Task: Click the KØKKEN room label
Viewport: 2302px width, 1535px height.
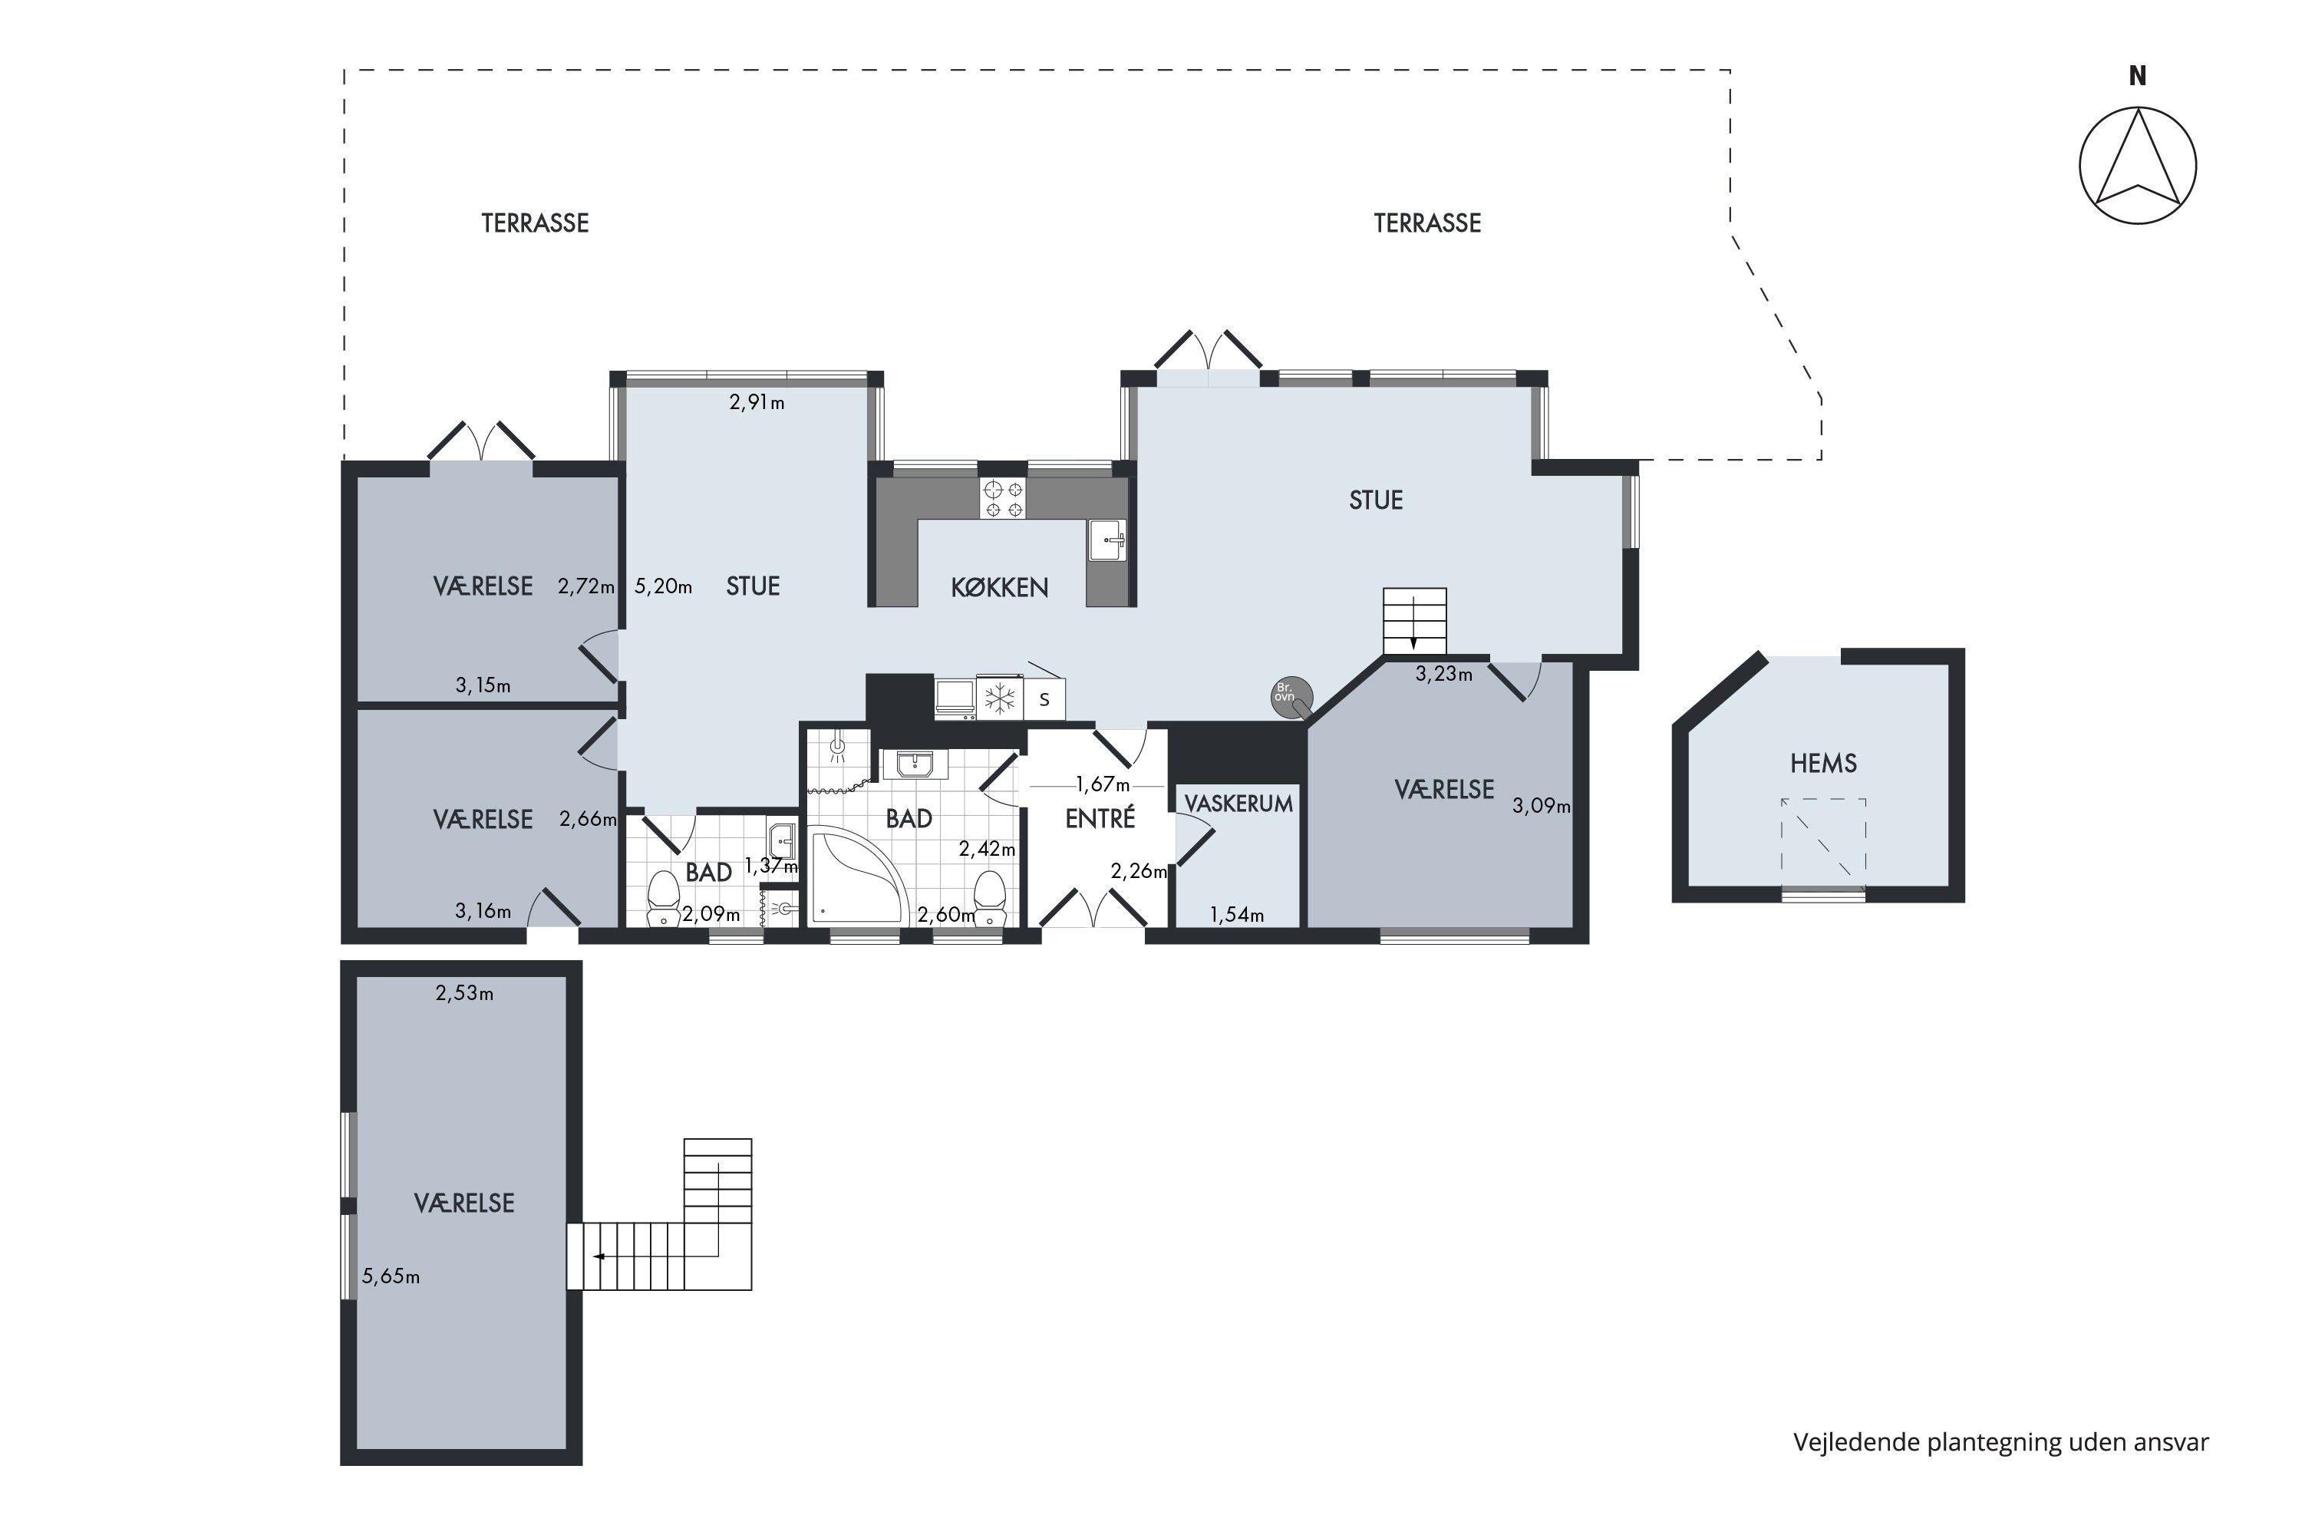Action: point(999,587)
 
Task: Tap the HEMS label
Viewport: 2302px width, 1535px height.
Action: point(1822,764)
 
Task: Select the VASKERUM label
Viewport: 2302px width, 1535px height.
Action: point(1238,804)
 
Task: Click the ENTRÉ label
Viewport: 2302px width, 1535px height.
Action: point(1100,817)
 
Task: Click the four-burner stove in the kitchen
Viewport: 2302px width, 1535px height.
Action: point(1002,497)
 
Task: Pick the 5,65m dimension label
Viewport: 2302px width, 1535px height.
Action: point(391,1276)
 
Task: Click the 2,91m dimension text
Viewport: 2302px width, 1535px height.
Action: point(757,402)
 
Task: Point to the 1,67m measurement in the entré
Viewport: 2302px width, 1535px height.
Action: point(1102,784)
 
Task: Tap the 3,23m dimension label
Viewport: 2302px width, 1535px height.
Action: point(1443,674)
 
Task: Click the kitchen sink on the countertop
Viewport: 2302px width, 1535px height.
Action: point(1108,540)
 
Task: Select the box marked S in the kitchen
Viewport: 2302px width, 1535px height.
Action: point(1044,699)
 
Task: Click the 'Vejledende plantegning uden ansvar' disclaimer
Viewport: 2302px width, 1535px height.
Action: point(2000,1442)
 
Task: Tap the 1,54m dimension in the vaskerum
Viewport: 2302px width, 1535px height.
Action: point(1236,916)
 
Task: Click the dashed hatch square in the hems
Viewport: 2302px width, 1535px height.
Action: point(1822,839)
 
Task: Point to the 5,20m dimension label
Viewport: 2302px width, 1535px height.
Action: point(664,586)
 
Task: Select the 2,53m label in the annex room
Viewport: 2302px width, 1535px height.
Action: point(464,994)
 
